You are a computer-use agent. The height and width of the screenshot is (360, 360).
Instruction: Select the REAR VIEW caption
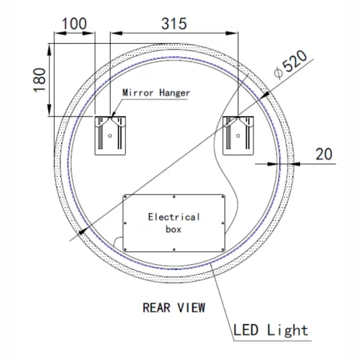coord(174,307)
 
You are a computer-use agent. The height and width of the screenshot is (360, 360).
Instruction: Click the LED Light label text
coord(271,330)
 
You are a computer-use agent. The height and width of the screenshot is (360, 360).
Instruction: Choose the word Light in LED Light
coord(287,330)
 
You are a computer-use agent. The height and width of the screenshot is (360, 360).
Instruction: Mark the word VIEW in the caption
coord(192,307)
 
